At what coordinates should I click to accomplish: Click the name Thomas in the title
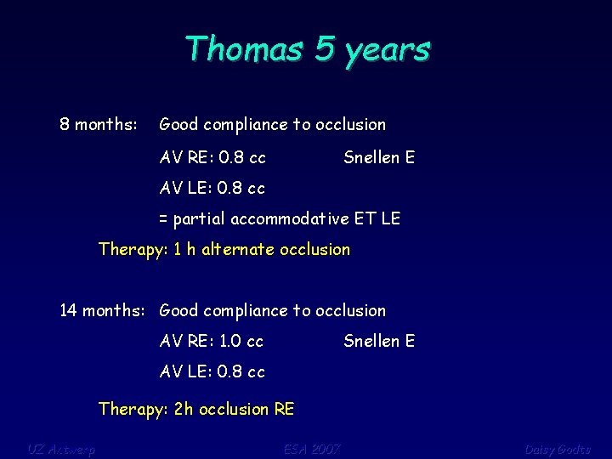tap(244, 48)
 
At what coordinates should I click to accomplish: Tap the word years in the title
tap(387, 50)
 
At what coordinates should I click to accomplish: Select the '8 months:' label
tap(98, 125)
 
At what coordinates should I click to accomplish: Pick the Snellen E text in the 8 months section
tap(379, 156)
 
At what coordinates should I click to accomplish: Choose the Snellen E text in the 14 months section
tap(379, 342)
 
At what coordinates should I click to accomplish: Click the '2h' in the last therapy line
tap(184, 410)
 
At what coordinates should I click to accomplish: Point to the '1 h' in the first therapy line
tap(184, 250)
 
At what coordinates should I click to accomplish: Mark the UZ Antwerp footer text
tap(61, 449)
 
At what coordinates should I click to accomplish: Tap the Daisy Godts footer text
tap(557, 449)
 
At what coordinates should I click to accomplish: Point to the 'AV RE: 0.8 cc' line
tap(212, 156)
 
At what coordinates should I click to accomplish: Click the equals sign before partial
tap(164, 219)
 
